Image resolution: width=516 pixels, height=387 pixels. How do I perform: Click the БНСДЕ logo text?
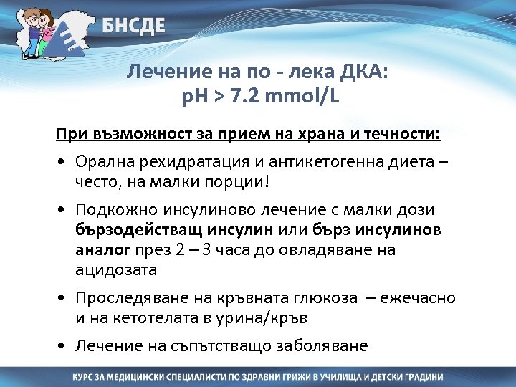tap(133, 27)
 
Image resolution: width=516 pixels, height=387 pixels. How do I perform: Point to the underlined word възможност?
tap(121, 135)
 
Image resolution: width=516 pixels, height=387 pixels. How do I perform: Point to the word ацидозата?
tap(115, 269)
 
